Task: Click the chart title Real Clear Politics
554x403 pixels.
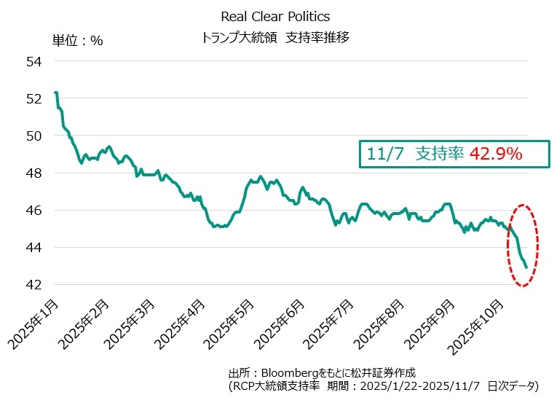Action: [274, 16]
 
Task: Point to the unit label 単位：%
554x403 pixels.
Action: [77, 40]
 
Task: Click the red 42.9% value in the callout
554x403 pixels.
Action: [495, 154]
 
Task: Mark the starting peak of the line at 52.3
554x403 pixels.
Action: [56, 93]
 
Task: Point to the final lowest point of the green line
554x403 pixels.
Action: [526, 267]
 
